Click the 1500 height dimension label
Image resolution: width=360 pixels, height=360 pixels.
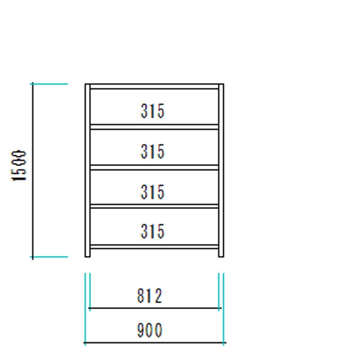[19, 166]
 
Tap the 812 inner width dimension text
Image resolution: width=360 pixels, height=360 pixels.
[150, 296]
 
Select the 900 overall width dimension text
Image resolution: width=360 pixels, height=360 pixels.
[150, 330]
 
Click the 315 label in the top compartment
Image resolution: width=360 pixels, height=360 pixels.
[153, 111]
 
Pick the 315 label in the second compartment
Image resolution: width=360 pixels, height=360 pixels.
[153, 152]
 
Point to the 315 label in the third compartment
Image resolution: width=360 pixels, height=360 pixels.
[153, 192]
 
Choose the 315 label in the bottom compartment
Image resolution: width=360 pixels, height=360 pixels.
[153, 231]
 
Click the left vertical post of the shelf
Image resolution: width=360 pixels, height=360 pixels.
[87, 171]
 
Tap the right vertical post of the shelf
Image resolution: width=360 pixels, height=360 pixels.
[221, 171]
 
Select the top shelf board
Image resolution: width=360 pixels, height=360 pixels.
[154, 86]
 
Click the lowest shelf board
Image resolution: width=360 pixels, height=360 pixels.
[154, 247]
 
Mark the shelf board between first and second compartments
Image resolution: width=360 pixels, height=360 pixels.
[154, 127]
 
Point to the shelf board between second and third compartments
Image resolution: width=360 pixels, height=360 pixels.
[154, 167]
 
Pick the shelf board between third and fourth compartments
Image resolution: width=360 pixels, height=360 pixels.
[154, 206]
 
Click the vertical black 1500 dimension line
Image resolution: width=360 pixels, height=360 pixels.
[32, 171]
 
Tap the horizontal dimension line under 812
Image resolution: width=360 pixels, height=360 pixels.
[155, 308]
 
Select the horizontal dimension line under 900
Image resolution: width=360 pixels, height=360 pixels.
[155, 343]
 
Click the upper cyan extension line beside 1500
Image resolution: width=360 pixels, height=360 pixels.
[49, 84]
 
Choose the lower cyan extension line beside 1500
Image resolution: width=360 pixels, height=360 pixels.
[49, 257]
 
